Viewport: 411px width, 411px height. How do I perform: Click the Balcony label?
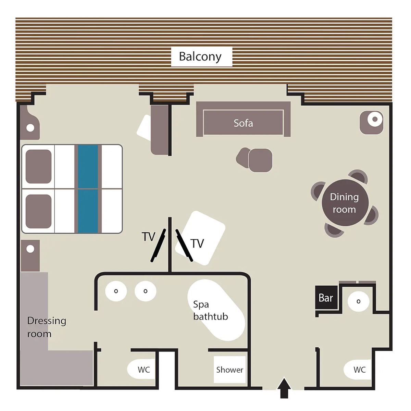point(200,57)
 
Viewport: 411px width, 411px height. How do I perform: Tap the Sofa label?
point(244,123)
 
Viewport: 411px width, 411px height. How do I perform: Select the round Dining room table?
point(345,203)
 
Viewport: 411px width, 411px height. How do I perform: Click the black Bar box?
point(326,297)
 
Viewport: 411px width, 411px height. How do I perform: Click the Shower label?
point(230,370)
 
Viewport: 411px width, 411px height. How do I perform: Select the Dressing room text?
point(47,327)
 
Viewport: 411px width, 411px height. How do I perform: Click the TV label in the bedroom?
point(148,237)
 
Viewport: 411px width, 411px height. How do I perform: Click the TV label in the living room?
point(197,244)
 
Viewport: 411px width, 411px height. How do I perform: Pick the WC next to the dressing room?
point(141,370)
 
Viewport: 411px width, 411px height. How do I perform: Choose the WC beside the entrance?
point(358,370)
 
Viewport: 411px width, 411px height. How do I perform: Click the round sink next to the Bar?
point(358,301)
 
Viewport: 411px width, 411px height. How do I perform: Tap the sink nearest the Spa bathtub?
point(146,291)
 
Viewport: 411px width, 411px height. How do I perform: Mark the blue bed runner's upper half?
point(88,166)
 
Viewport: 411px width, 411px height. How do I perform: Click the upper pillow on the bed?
point(39,166)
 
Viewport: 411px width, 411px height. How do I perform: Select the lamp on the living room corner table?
point(375,119)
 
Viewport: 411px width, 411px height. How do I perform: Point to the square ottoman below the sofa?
point(260,160)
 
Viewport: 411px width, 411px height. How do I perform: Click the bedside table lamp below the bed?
point(30,249)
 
